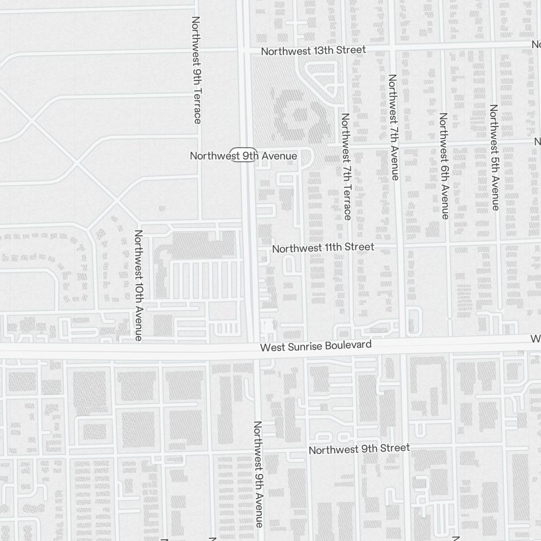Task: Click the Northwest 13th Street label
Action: click(x=313, y=50)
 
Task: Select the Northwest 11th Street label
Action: click(x=323, y=248)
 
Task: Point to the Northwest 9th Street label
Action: click(x=359, y=449)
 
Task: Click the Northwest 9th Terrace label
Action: click(x=196, y=69)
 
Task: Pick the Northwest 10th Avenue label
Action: click(x=138, y=285)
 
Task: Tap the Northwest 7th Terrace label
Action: click(x=346, y=166)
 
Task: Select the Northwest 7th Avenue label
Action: click(x=394, y=127)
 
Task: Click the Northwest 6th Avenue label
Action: click(x=444, y=166)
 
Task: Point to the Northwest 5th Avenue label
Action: click(x=494, y=157)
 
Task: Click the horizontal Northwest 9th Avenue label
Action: click(x=243, y=156)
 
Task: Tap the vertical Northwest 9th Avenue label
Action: click(x=259, y=474)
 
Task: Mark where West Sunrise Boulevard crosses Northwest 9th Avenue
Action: click(x=254, y=348)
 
